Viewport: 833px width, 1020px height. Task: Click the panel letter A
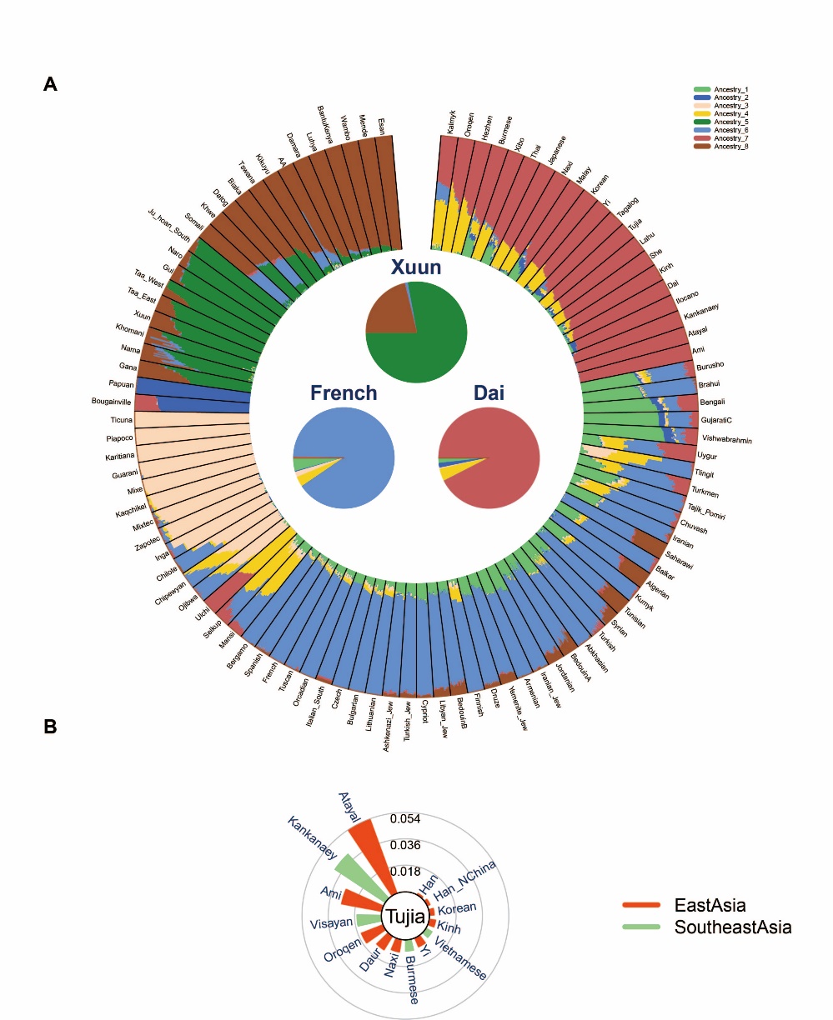pos(51,84)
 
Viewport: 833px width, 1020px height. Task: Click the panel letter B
pos(51,727)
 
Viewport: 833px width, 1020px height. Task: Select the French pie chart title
pos(344,392)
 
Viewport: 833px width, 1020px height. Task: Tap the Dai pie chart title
pos(489,392)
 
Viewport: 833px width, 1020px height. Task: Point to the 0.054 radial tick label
pos(405,819)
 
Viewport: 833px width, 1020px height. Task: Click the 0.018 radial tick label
pos(405,872)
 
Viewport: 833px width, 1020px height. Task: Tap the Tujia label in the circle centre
pos(405,917)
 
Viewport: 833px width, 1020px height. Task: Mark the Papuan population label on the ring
pos(121,384)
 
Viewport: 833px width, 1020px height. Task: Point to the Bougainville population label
pos(112,402)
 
